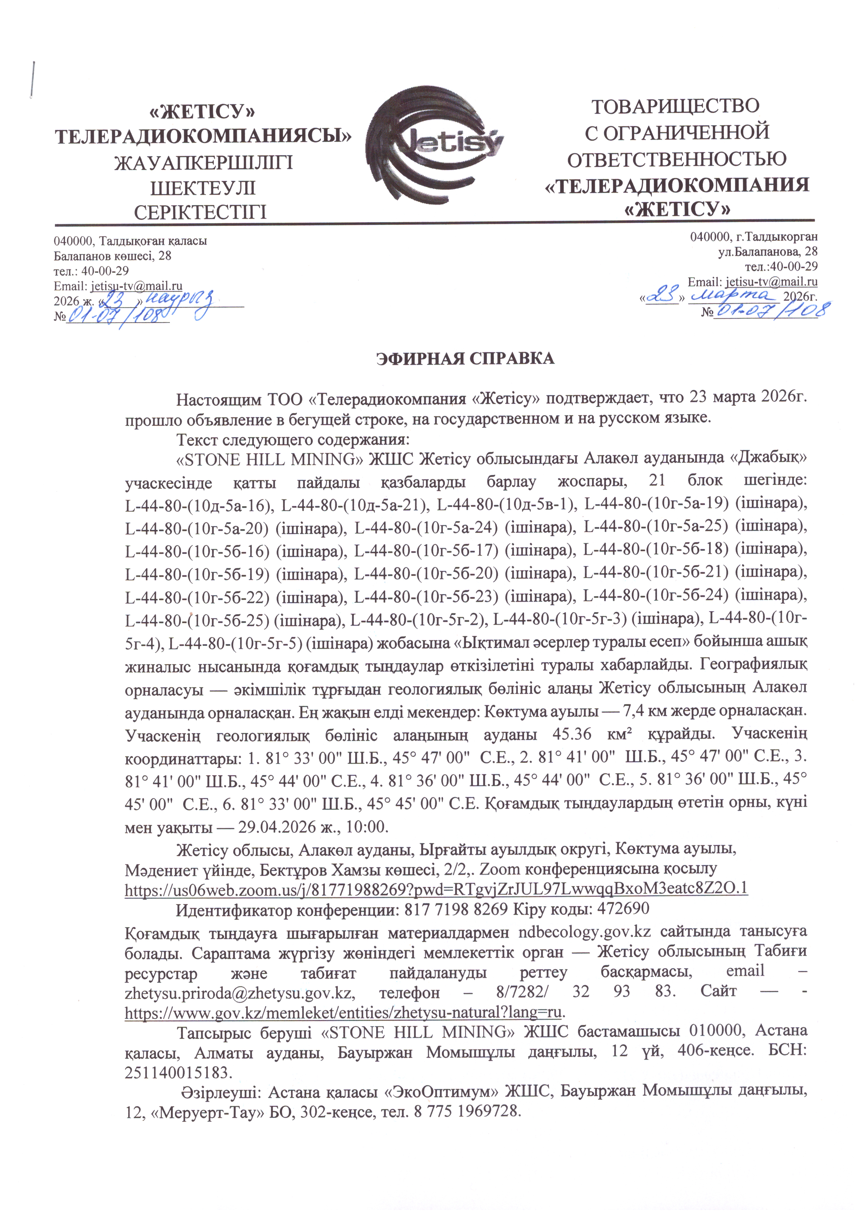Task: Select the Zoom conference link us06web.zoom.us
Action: (436, 888)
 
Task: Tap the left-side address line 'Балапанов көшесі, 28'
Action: (113, 256)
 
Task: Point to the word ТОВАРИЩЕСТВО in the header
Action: (675, 106)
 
